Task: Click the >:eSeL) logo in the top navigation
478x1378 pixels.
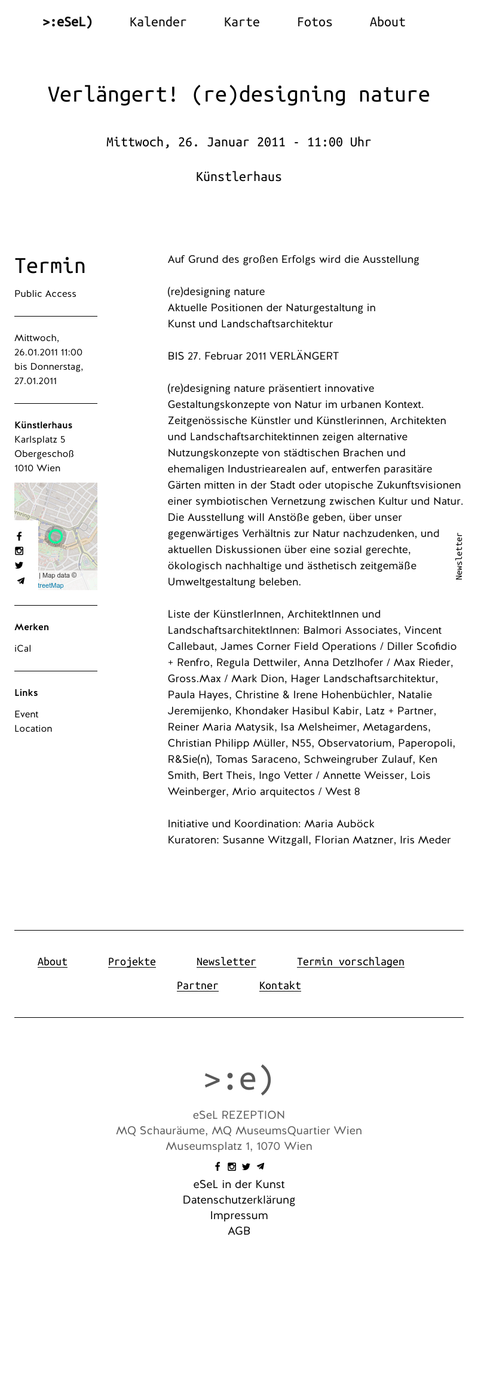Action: coord(68,23)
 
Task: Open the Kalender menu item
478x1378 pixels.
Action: coord(158,23)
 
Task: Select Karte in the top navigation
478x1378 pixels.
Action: coord(241,23)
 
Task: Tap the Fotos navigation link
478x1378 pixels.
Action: coord(314,23)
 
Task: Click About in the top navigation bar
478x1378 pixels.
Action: coord(387,23)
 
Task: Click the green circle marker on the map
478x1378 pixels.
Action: coord(56,536)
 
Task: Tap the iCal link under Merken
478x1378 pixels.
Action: coord(23,649)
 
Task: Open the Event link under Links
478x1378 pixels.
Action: coord(26,714)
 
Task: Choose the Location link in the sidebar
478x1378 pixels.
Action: coord(33,729)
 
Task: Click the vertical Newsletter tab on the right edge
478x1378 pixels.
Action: coord(459,556)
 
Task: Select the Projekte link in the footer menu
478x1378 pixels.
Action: coord(131,962)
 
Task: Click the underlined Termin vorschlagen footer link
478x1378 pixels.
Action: coord(350,962)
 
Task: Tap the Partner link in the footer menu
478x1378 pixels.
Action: coord(197,986)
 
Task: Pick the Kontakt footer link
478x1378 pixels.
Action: coord(280,986)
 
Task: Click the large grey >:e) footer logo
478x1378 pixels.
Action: coord(238,1079)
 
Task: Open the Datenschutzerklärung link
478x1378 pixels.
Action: coord(239,1200)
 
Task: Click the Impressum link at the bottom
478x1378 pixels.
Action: coord(239,1216)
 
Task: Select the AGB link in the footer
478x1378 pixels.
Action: coord(239,1231)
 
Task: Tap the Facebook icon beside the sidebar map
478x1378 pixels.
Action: coord(19,536)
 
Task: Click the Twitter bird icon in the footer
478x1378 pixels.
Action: coord(246,1167)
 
